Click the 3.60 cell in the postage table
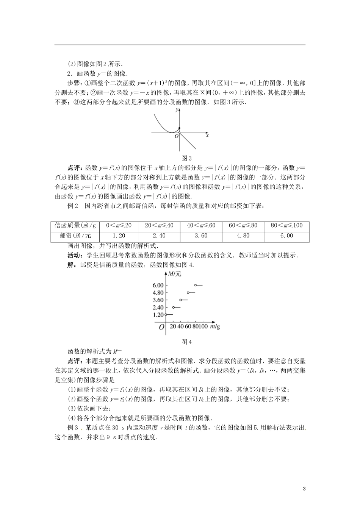[201, 236]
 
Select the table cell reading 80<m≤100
[286, 226]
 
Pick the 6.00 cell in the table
[286, 236]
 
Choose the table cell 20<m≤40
[159, 226]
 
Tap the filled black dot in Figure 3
[179, 128]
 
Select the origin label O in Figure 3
[176, 136]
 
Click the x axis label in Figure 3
[207, 135]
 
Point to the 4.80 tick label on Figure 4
[158, 293]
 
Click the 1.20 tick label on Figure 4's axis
[158, 315]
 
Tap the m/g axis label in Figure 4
[215, 326]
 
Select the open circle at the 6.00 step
[196, 285]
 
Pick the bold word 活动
[73, 255]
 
